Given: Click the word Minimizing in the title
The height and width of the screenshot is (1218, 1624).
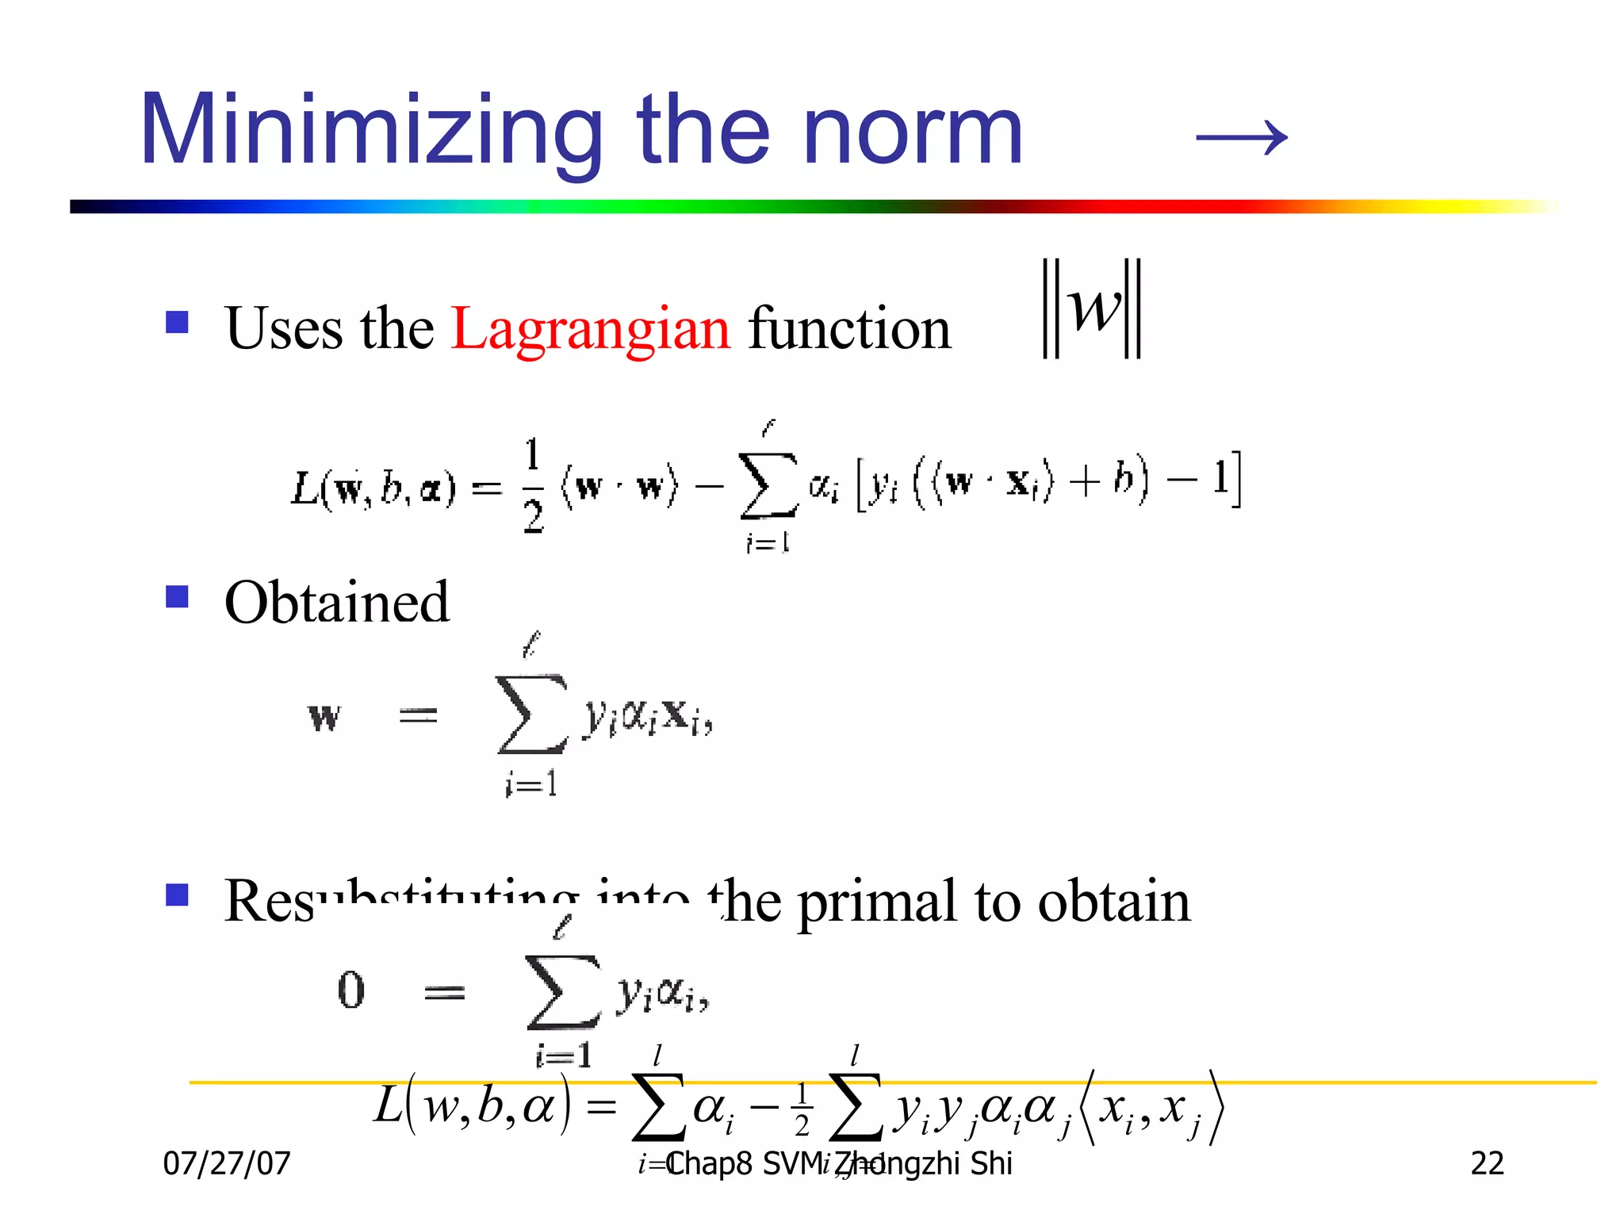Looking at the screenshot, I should [x=371, y=131].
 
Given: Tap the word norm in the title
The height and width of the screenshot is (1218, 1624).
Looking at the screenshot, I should [x=913, y=131].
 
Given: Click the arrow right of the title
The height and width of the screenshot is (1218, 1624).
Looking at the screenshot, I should [x=1242, y=137].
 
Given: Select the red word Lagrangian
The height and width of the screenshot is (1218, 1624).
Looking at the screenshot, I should [x=590, y=328].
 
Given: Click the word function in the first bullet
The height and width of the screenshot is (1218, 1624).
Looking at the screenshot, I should [x=849, y=328].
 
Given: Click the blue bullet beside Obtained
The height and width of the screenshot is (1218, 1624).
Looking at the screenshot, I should [x=177, y=596].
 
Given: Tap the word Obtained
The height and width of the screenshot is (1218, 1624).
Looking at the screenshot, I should [x=337, y=602].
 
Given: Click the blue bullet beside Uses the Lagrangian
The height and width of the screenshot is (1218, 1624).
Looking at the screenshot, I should [x=177, y=322].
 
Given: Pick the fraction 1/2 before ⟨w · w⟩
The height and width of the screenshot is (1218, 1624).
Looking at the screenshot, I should [x=532, y=485].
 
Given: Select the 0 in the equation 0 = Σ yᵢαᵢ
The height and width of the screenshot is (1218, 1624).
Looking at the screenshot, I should [x=350, y=990].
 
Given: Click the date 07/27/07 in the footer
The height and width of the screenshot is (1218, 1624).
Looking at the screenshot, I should [x=227, y=1163].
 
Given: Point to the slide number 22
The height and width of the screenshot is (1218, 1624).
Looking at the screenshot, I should [x=1487, y=1163].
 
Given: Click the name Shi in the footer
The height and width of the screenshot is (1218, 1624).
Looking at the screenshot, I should [x=991, y=1163].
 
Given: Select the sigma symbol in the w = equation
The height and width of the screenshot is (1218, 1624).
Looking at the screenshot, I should [x=531, y=714].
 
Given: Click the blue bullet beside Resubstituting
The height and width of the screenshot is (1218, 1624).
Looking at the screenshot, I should [x=177, y=895].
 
